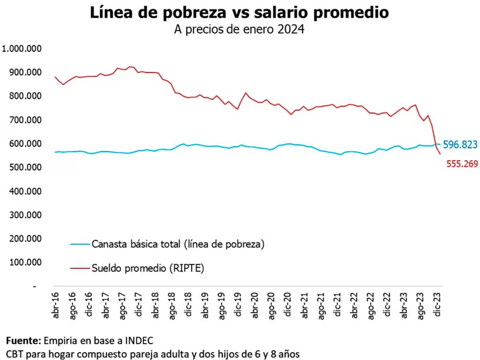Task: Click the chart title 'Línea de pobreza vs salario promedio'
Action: pyautogui.click(x=239, y=13)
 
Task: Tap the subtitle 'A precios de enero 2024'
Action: pyautogui.click(x=239, y=30)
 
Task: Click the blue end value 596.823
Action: pyautogui.click(x=460, y=145)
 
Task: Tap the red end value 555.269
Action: pyautogui.click(x=462, y=163)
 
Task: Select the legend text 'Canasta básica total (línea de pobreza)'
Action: pyautogui.click(x=178, y=244)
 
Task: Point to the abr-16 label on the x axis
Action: pyautogui.click(x=56, y=305)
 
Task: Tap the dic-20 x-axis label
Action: pyautogui.click(x=287, y=305)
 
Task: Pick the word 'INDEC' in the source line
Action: pyautogui.click(x=138, y=341)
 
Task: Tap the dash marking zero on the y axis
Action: pyautogui.click(x=35, y=286)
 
